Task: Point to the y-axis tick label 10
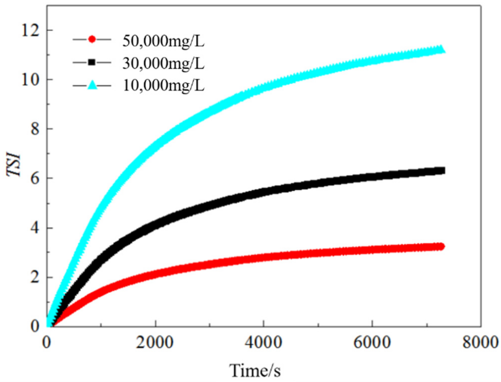(30, 80)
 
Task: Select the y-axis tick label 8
(35, 129)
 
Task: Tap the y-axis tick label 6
(35, 179)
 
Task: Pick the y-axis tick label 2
(35, 278)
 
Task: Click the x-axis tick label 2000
(155, 342)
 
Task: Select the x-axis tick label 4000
(263, 342)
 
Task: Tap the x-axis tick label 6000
(372, 342)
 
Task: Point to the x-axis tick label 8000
(480, 342)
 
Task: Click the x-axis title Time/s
(255, 371)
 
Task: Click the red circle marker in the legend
(92, 40)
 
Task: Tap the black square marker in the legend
(92, 62)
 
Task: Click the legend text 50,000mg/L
(163, 41)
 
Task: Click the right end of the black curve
(442, 170)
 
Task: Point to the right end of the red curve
(440, 246)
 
